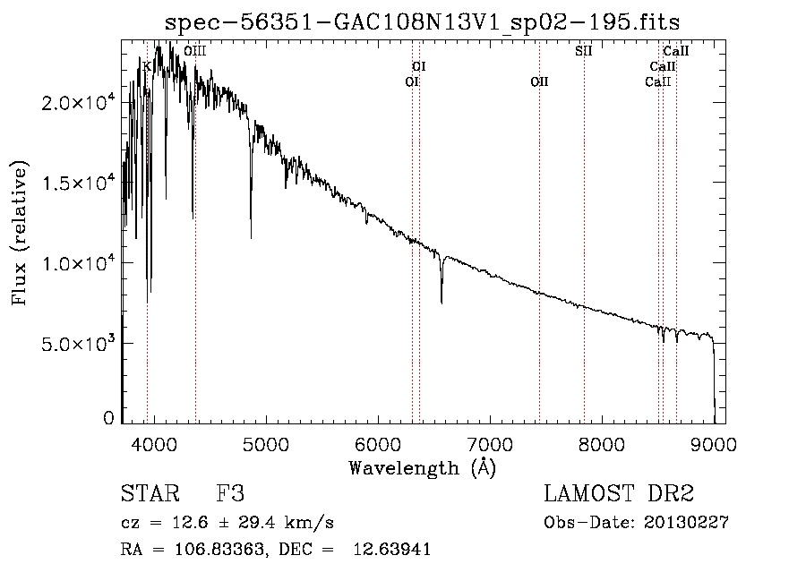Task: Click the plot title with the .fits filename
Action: coord(422,22)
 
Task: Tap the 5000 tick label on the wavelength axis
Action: coord(267,444)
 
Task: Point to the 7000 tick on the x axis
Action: coord(491,444)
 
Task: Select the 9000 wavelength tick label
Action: coord(714,444)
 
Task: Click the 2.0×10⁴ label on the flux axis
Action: coord(77,102)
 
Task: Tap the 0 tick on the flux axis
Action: coord(108,418)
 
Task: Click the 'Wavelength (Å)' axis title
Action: coord(423,468)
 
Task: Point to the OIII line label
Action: coord(195,51)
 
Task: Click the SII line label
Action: coord(583,51)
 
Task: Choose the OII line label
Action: coord(539,81)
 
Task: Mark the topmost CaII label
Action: coord(675,51)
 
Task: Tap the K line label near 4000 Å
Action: coord(147,66)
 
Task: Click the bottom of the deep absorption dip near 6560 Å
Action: coord(442,303)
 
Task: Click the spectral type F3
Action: coord(230,493)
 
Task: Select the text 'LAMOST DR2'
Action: coord(619,493)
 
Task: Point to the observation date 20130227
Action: coord(686,523)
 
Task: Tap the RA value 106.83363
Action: coord(220,550)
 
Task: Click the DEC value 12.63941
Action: coord(391,550)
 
